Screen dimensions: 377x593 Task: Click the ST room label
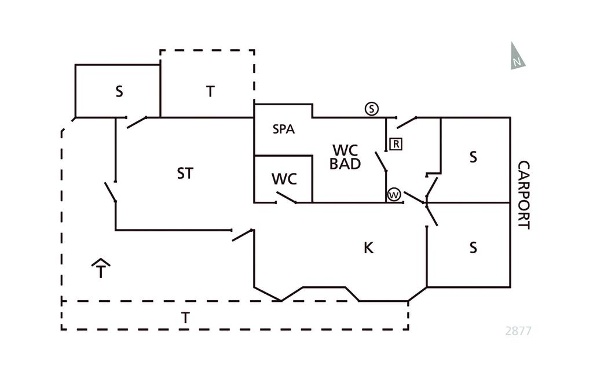coord(185,173)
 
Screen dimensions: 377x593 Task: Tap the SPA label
coord(284,130)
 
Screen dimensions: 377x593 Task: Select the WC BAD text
coord(345,157)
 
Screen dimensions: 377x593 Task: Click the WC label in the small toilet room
coord(284,179)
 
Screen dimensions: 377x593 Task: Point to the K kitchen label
coord(368,248)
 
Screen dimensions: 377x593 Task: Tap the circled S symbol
coord(372,109)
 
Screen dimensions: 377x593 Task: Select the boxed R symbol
coord(396,144)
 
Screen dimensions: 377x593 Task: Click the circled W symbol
coord(394,195)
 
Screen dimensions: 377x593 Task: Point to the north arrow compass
coord(517,57)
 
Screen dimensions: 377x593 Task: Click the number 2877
coord(518,331)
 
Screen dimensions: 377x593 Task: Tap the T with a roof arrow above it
coord(101,269)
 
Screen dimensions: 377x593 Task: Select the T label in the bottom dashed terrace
coord(185,318)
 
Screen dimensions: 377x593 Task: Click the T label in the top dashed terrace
coord(210,91)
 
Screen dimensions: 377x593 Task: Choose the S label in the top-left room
coord(119,91)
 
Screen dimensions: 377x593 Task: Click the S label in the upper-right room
coord(473,157)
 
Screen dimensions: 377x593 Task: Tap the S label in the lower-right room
coord(473,247)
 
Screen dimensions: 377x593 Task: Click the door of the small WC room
coord(285,198)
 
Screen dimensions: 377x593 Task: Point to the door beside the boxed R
coord(381,161)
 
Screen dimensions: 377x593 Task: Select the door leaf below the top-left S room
coord(136,122)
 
